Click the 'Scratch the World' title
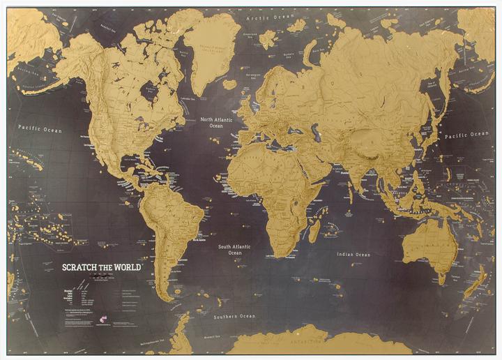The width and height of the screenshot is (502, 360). click(x=102, y=267)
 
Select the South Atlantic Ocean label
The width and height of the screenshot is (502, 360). click(x=234, y=250)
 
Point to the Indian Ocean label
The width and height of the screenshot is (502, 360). click(x=353, y=255)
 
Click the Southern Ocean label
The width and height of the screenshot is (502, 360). click(x=234, y=316)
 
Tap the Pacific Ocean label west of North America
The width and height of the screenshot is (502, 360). click(x=40, y=129)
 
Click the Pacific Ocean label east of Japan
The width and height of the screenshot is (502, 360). click(x=467, y=135)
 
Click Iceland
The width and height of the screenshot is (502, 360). click(x=230, y=84)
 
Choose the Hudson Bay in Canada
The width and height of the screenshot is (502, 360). click(x=149, y=91)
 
